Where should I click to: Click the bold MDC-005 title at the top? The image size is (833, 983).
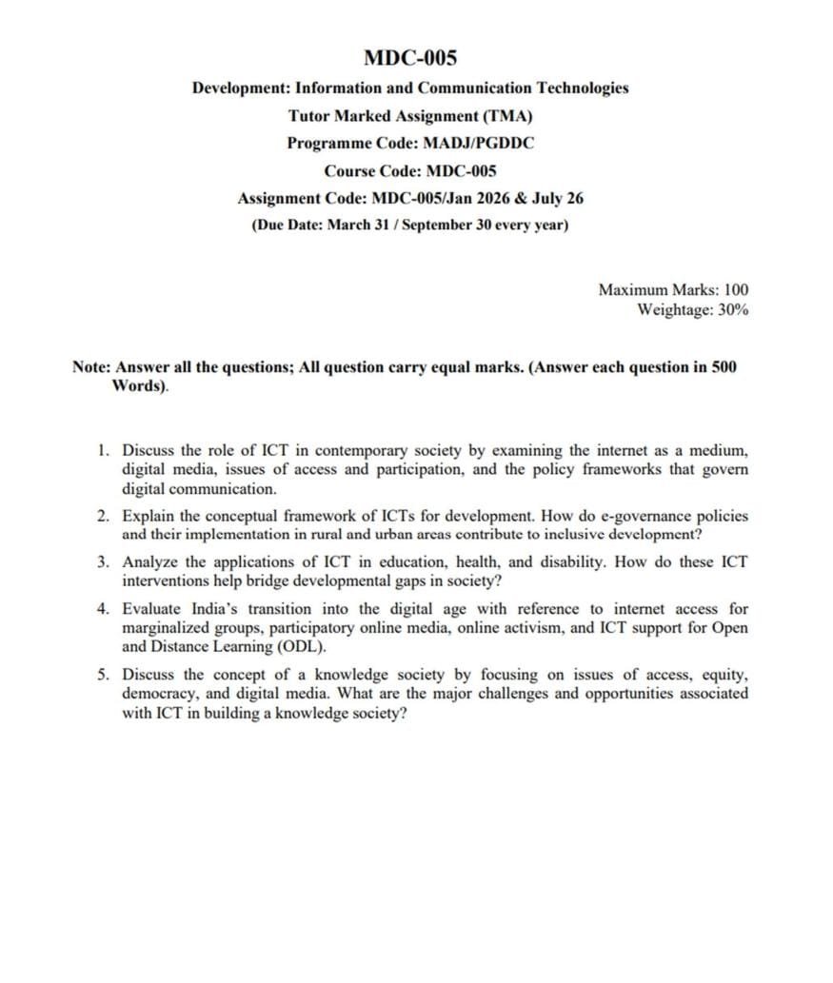point(410,58)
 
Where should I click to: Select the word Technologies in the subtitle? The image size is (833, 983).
point(583,88)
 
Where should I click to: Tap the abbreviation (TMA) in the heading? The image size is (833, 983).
point(507,116)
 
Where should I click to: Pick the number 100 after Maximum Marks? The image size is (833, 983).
point(736,289)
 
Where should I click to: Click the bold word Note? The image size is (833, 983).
point(91,367)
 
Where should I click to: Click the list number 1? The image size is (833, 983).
point(103,450)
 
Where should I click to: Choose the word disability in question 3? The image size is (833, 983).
point(571,561)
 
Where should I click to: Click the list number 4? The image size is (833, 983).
point(103,608)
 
